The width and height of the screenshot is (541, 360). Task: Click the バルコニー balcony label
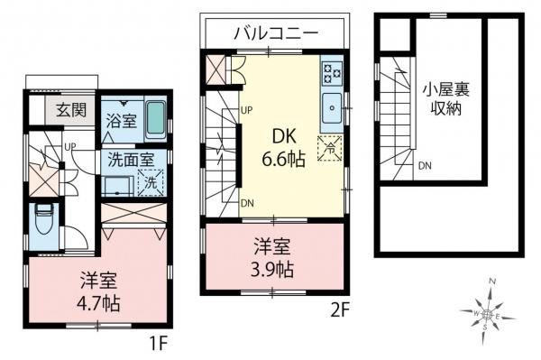tap(275, 33)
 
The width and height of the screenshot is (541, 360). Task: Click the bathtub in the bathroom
tap(155, 118)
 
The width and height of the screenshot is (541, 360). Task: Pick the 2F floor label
tap(341, 308)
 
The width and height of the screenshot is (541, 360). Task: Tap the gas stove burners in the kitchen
tap(331, 71)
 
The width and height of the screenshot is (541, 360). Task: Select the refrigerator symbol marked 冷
tap(328, 145)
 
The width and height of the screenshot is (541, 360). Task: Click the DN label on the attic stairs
tap(424, 166)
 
